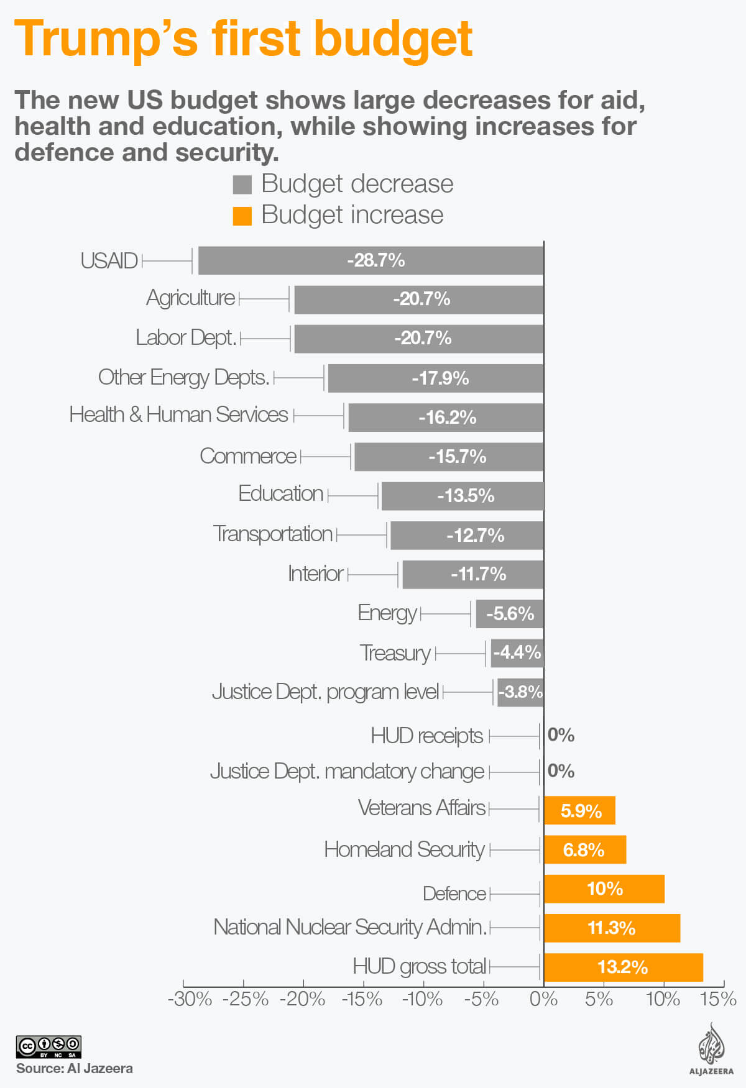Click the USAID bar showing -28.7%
[x=371, y=260]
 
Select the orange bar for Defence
[x=604, y=889]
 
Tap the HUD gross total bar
[x=623, y=967]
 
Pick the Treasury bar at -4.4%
[x=517, y=653]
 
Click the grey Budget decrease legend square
[x=242, y=185]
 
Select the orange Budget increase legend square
[x=242, y=216]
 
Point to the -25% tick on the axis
[x=245, y=999]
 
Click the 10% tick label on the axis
[x=662, y=999]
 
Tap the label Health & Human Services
[x=178, y=414]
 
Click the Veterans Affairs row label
[x=421, y=808]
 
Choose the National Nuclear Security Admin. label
[x=350, y=927]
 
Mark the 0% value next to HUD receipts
[x=561, y=735]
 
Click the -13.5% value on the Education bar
[x=466, y=496]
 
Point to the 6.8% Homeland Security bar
[x=584, y=849]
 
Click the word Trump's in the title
[x=106, y=39]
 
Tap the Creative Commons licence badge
[x=48, y=1047]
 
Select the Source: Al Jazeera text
[x=74, y=1069]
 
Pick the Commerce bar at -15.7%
[x=449, y=457]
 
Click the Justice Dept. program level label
[x=325, y=692]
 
